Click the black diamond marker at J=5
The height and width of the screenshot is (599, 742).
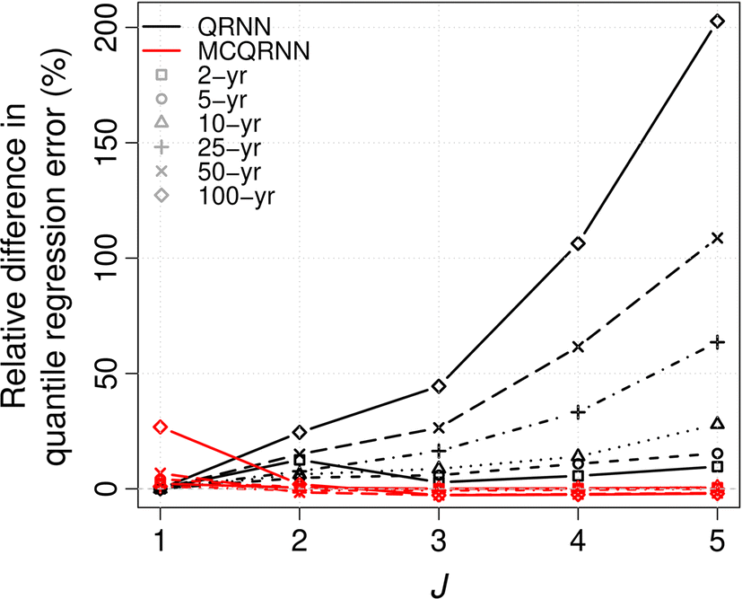717,21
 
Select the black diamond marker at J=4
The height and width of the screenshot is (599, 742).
578,243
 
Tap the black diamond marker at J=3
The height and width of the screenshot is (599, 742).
439,386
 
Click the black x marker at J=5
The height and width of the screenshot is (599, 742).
717,238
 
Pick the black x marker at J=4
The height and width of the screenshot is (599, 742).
578,347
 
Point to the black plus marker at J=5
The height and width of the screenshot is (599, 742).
717,342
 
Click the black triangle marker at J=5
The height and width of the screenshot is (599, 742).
717,423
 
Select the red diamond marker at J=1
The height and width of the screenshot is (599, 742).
160,427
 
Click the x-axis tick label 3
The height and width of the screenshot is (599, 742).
439,538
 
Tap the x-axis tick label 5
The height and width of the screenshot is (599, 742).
717,538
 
